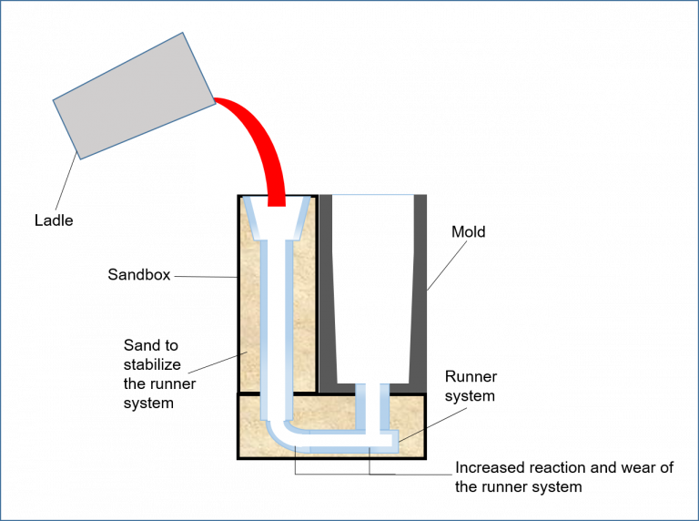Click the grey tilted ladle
pyautogui.click(x=134, y=97)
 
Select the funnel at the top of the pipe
pyautogui.click(x=276, y=220)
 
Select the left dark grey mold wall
pyautogui.click(x=326, y=291)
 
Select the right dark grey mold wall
pyautogui.click(x=419, y=291)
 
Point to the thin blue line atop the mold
pyautogui.click(x=373, y=195)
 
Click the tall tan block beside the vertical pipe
pyautogui.click(x=250, y=301)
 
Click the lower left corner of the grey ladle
pyautogui.click(x=80, y=159)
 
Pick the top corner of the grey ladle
pyautogui.click(x=183, y=34)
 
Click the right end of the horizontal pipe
pyautogui.click(x=393, y=440)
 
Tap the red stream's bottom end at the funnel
pyautogui.click(x=276, y=201)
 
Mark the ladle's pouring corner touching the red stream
pyautogui.click(x=215, y=100)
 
